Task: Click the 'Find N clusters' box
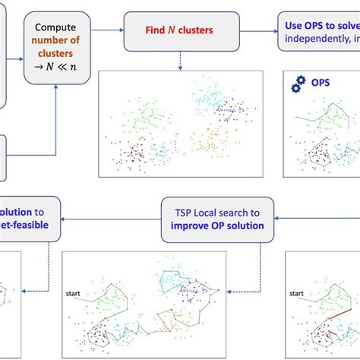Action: (179, 33)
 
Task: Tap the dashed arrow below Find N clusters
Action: (179, 61)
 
